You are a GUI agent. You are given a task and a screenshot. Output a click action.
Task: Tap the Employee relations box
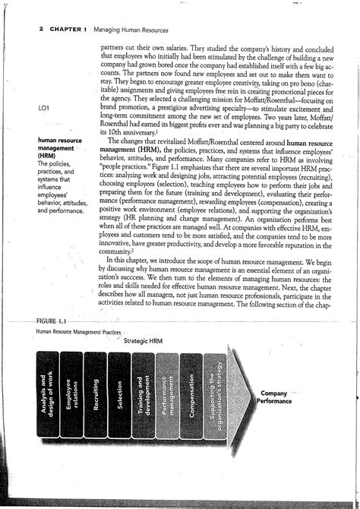click(71, 395)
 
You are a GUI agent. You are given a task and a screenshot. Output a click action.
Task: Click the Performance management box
click(166, 395)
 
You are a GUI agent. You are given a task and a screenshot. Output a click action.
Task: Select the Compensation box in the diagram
click(191, 395)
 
